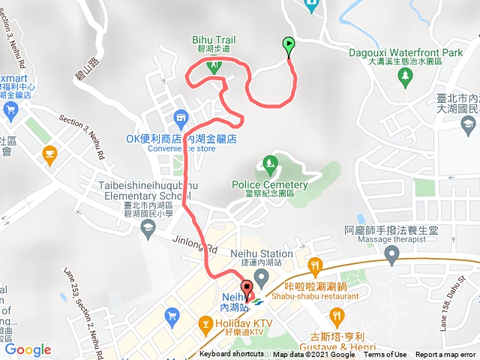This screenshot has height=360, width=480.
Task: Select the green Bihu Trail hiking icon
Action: pyautogui.click(x=214, y=64)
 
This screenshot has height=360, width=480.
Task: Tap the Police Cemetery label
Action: pyautogui.click(x=269, y=185)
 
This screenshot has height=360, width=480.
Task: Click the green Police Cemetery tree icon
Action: pyautogui.click(x=269, y=163)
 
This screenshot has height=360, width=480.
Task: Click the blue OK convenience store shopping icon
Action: pyautogui.click(x=180, y=118)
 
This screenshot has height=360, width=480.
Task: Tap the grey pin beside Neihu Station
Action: pyautogui.click(x=262, y=277)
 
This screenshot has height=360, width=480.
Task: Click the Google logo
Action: pyautogui.click(x=28, y=349)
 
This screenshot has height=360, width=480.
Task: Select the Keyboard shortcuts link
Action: pyautogui.click(x=232, y=355)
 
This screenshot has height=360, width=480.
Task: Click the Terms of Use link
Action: pyautogui.click(x=385, y=355)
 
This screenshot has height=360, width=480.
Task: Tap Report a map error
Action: pyautogui.click(x=447, y=355)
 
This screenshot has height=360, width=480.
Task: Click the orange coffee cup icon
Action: pyautogui.click(x=49, y=154)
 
